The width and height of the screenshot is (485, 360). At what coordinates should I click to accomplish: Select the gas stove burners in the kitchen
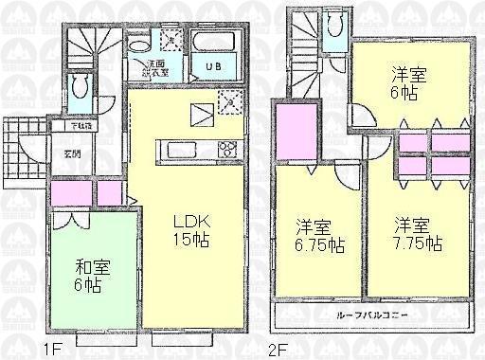[x=227, y=148]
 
